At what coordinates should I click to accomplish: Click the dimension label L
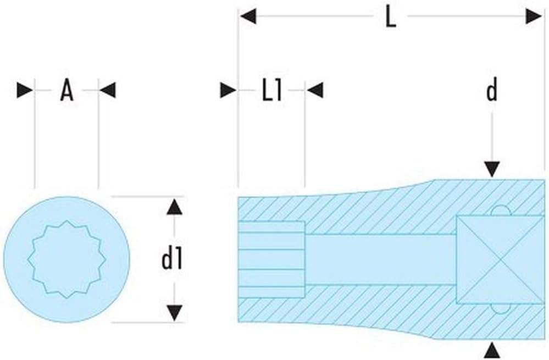pos(390,17)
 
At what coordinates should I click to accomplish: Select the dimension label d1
pos(171,259)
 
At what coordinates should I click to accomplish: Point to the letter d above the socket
pos(492,90)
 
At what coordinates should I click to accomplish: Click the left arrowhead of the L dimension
pos(247,16)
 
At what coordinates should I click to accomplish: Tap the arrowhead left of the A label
pos(25,90)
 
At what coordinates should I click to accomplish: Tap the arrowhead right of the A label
pos(107,90)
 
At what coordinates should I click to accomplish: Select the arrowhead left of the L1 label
pos(228,90)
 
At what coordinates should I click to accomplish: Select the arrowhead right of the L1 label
pos(315,90)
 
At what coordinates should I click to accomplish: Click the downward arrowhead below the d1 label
pos(174,313)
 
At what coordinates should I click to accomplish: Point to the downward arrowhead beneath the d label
pos(492,169)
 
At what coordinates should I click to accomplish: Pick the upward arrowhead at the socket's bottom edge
pos(492,351)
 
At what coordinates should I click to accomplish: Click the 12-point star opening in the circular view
pos(66,259)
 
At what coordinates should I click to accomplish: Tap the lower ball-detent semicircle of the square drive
pos(500,308)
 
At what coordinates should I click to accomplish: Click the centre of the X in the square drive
pos(500,259)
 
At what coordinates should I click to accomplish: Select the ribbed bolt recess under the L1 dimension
pos(271,259)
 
